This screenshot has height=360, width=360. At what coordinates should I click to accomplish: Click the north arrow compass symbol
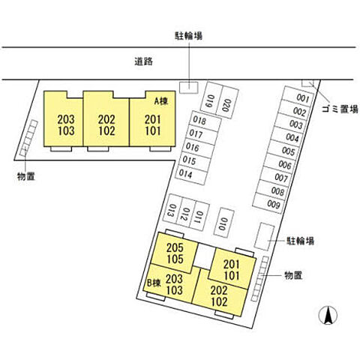328,315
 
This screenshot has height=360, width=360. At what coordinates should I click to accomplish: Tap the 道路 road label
144,61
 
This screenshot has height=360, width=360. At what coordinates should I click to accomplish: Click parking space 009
269,203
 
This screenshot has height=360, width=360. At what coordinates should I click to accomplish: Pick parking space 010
223,223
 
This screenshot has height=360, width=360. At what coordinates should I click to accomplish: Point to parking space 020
227,102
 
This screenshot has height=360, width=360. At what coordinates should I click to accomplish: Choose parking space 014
191,174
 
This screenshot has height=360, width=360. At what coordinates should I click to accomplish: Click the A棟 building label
160,101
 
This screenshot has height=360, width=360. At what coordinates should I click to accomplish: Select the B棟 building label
154,283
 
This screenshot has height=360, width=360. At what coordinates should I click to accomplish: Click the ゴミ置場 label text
340,109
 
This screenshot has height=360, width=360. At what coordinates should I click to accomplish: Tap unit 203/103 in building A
63,118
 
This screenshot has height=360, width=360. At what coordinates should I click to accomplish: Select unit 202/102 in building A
106,118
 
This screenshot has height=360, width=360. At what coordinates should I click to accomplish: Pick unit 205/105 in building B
175,253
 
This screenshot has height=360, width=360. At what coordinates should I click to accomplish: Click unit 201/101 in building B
232,269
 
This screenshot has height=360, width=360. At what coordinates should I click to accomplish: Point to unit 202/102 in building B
219,294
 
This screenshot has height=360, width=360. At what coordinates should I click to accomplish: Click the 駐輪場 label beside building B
300,241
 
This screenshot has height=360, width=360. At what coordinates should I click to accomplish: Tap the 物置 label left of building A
26,176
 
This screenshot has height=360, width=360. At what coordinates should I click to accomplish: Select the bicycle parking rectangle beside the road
189,88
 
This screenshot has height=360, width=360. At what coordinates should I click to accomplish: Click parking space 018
205,121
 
